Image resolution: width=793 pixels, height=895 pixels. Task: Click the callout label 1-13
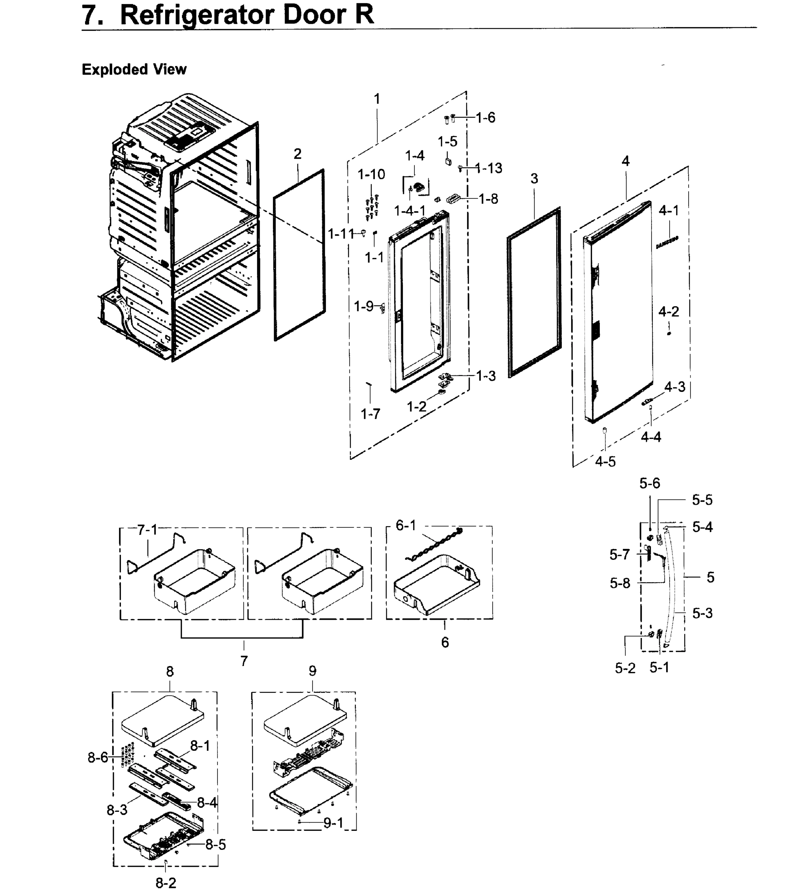coord(489,168)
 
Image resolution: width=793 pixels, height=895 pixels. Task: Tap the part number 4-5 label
coord(605,462)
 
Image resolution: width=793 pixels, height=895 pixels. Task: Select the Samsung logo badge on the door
coord(667,242)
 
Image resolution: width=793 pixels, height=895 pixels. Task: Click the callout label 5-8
coord(620,583)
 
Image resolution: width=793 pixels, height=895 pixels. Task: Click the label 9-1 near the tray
coord(334,823)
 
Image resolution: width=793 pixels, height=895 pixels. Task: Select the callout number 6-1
coord(406,525)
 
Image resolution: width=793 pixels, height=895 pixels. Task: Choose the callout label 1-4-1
coord(410,211)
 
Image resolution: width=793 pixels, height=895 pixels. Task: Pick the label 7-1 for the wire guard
coord(147,530)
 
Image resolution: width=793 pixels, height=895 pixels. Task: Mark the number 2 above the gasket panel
coord(297,154)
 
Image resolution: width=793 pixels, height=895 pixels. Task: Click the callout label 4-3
coord(675,387)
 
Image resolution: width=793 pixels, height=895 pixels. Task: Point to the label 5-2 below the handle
coord(625,668)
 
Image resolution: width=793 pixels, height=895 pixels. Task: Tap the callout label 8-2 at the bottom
coord(166,883)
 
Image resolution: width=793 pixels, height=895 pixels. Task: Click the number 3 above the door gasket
coord(534,179)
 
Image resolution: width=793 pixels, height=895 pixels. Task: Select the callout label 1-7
coord(370,414)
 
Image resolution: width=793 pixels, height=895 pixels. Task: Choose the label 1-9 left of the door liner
coord(364,306)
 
